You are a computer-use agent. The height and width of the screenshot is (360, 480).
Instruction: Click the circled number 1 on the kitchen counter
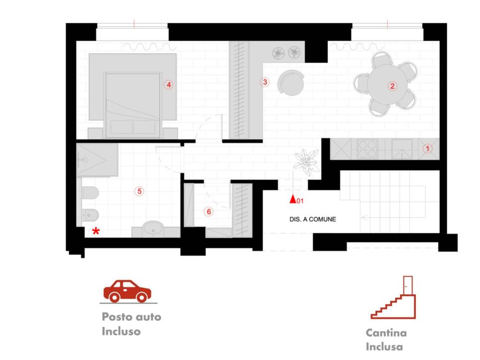[427, 149]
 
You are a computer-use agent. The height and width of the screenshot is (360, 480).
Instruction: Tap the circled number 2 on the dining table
[392, 86]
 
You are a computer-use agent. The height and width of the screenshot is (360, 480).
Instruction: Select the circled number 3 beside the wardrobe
[265, 82]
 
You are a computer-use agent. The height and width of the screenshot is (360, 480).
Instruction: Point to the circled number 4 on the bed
[168, 85]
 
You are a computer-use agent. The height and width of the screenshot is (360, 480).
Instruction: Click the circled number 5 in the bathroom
[139, 191]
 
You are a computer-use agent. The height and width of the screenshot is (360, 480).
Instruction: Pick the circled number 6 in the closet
[209, 211]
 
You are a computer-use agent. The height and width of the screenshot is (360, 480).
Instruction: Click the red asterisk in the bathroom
[96, 231]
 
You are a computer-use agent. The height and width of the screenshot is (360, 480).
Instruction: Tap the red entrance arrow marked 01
[293, 199]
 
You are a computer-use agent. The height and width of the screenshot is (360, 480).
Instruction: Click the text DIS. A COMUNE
[313, 219]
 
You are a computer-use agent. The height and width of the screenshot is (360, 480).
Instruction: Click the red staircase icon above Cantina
[393, 298]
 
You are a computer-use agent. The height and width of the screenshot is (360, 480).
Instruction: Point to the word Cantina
[386, 333]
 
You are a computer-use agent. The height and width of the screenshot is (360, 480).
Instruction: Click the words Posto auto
[131, 316]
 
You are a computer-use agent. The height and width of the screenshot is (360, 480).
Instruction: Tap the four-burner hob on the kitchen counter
[367, 149]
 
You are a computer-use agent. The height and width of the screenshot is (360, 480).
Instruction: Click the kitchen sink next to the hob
[402, 149]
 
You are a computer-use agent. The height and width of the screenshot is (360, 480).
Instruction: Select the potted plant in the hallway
[307, 162]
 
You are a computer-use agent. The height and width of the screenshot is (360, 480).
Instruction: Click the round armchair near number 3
[291, 82]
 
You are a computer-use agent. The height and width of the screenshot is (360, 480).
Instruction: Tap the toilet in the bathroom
[90, 193]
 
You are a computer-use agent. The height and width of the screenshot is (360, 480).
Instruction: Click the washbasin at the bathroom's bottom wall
[154, 229]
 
